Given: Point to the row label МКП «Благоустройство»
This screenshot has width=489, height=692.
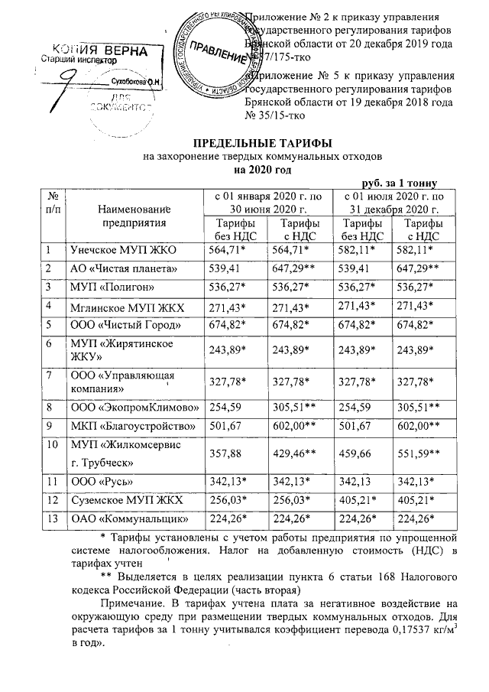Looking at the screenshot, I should point(121,425).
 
